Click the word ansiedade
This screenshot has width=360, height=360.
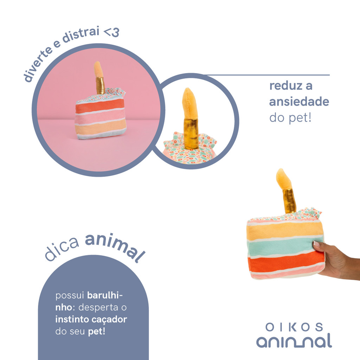(299, 102)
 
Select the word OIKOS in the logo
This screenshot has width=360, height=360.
(294, 327)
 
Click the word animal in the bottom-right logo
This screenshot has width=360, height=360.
(294, 341)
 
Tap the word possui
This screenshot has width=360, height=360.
(70, 295)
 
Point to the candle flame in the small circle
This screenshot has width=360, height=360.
(190, 103)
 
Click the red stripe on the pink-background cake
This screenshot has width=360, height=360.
(100, 105)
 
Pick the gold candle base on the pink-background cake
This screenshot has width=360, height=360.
(100, 85)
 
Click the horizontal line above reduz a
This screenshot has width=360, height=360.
(267, 75)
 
